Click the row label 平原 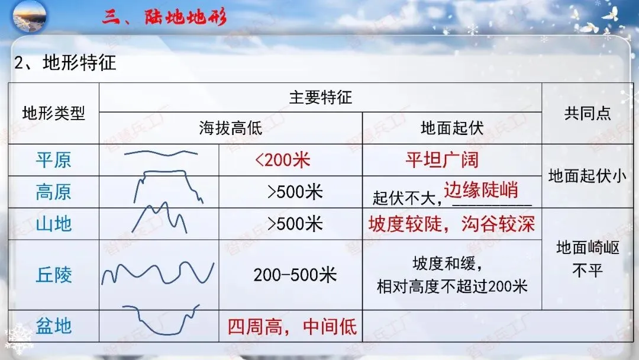click(53, 160)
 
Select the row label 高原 click(53, 192)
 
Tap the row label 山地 click(53, 224)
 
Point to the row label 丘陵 click(53, 275)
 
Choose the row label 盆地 click(53, 326)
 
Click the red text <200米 click(282, 160)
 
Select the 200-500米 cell click(295, 275)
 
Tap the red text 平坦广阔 click(442, 160)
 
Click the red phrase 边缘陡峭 click(481, 189)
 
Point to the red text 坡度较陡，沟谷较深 click(451, 224)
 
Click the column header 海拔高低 click(230, 128)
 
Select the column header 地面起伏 click(451, 128)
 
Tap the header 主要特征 click(320, 98)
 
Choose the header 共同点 click(588, 114)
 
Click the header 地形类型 click(53, 114)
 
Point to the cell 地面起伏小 click(588, 176)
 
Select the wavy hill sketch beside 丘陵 click(158, 274)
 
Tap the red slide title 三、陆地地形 click(164, 17)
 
